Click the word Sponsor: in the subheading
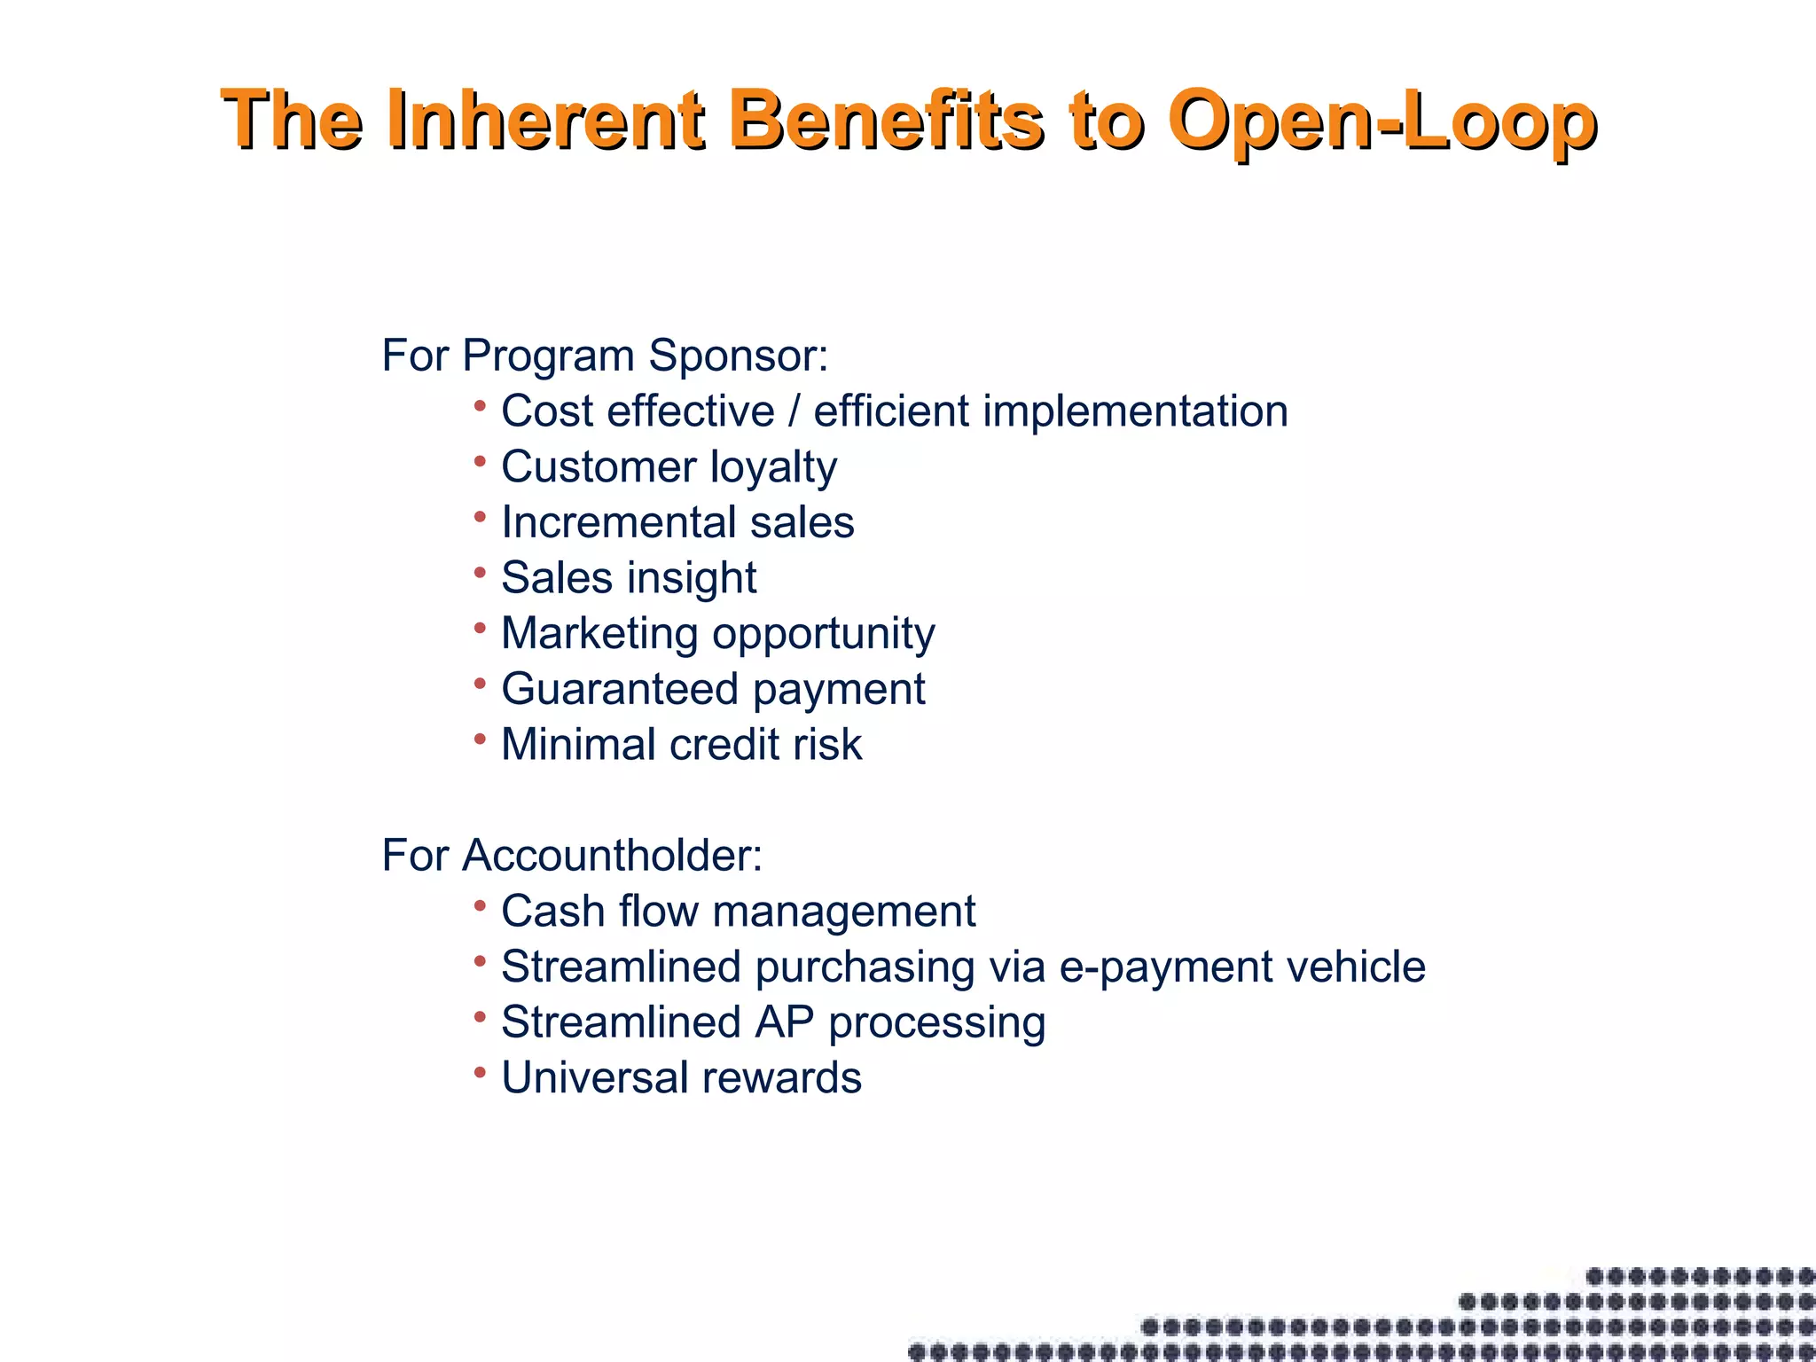coord(738,356)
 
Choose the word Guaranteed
coord(620,689)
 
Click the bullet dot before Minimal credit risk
coord(480,739)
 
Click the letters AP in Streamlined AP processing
coord(784,1021)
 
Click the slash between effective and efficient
coord(794,411)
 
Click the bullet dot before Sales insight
coord(480,573)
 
